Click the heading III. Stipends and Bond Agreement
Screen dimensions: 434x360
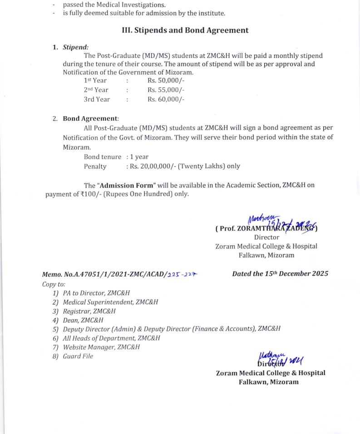[185, 30]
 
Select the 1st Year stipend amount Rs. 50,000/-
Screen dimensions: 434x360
[166, 81]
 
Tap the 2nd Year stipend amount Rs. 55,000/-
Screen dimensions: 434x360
[166, 90]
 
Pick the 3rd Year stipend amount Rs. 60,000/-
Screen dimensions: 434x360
[166, 99]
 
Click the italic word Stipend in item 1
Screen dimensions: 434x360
[75, 47]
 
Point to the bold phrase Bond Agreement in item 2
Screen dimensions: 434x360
[90, 118]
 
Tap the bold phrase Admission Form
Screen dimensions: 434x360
[128, 185]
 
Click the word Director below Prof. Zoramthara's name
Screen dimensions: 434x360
[266, 237]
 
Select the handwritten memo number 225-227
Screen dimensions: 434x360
[183, 274]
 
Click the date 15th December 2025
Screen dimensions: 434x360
[280, 273]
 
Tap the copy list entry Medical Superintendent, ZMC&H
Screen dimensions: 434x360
[110, 302]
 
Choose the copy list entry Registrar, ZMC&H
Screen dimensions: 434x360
[89, 311]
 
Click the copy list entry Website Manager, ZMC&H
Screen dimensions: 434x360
[101, 347]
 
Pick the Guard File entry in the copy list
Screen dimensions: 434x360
[78, 356]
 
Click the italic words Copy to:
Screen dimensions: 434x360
[54, 284]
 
